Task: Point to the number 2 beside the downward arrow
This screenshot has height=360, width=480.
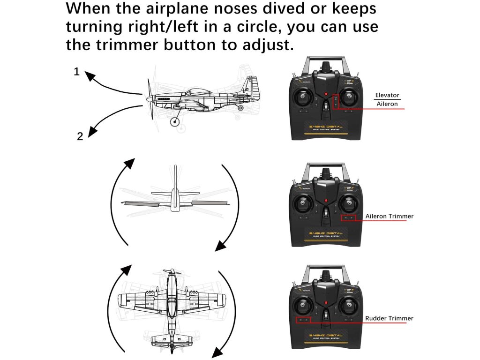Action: [x=80, y=137]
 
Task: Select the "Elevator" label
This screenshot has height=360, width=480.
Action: [x=387, y=95]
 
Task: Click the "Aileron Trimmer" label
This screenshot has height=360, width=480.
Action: [x=389, y=217]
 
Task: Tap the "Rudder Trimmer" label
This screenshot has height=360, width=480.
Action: [x=389, y=319]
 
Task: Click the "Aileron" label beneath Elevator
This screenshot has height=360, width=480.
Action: [x=387, y=104]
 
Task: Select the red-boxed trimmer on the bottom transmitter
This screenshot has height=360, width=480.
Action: [x=304, y=320]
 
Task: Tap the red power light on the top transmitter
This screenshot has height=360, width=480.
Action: [x=325, y=96]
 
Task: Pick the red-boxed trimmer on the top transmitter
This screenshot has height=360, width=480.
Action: [x=336, y=101]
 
